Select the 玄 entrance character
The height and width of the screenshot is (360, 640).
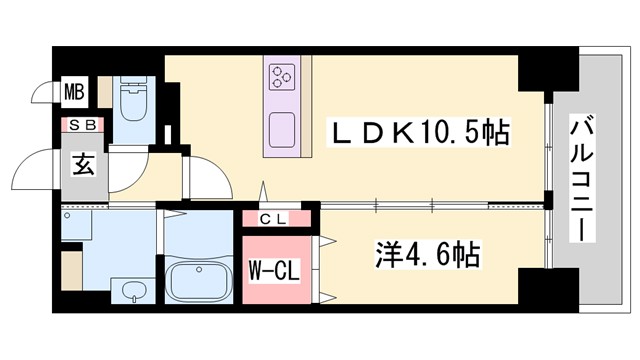coord(82,164)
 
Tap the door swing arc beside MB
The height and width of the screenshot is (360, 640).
coord(42,95)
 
